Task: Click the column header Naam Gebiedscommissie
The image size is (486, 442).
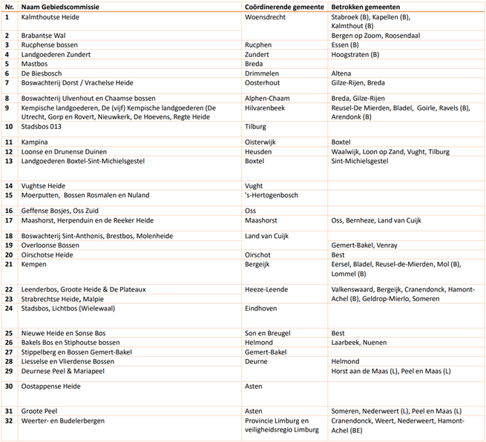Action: click(x=61, y=6)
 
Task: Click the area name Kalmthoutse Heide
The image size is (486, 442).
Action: click(x=52, y=16)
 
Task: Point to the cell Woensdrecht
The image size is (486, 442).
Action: click(x=266, y=16)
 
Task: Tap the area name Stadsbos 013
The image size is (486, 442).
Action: click(x=42, y=126)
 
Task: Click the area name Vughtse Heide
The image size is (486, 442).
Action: click(x=46, y=185)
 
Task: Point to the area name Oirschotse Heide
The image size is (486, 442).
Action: click(x=48, y=254)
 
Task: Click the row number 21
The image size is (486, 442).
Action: click(x=9, y=264)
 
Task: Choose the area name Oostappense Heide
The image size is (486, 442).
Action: click(x=51, y=386)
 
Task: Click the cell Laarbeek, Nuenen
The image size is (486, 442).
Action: click(x=360, y=343)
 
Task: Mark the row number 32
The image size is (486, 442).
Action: click(x=9, y=420)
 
